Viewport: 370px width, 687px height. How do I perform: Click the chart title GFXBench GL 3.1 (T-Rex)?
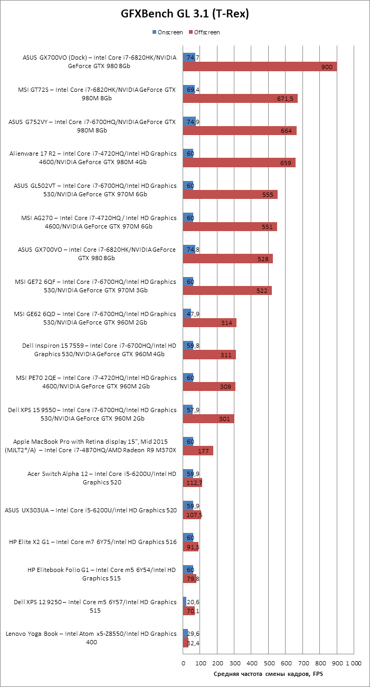click(185, 15)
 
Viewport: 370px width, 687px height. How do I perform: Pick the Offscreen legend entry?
click(206, 32)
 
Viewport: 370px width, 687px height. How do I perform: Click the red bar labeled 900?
click(260, 66)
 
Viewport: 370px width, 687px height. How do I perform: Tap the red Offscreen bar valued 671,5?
click(240, 99)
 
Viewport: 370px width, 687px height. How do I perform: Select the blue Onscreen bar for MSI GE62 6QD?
click(187, 313)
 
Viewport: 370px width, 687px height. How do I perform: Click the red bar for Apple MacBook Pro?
click(198, 451)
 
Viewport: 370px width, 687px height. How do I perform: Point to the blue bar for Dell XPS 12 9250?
click(185, 602)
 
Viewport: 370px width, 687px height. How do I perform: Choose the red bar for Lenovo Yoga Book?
click(186, 643)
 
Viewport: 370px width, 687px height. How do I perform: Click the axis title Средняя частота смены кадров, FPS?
click(268, 674)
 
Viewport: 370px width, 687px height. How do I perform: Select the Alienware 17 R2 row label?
click(93, 158)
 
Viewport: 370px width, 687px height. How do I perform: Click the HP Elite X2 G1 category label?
click(93, 542)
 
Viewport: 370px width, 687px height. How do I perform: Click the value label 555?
click(267, 195)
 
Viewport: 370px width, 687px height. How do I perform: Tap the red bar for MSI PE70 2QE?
click(209, 387)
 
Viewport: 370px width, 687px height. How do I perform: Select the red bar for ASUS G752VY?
click(240, 131)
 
